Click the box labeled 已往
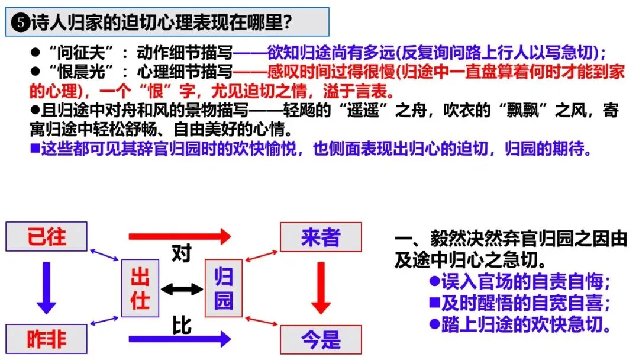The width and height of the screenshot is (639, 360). [x=47, y=237]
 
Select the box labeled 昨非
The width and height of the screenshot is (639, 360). [x=47, y=339]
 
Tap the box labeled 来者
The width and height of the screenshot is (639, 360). [x=321, y=237]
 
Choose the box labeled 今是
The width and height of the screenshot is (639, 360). [x=321, y=340]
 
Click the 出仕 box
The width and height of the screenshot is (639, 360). [x=140, y=288]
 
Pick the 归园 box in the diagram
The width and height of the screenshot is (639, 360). [x=223, y=288]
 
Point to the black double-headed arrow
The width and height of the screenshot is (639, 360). [x=182, y=289]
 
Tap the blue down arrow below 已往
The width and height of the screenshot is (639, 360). [x=46, y=288]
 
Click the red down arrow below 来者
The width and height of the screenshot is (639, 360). [x=321, y=288]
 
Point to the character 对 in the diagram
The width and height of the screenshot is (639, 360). [x=181, y=254]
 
